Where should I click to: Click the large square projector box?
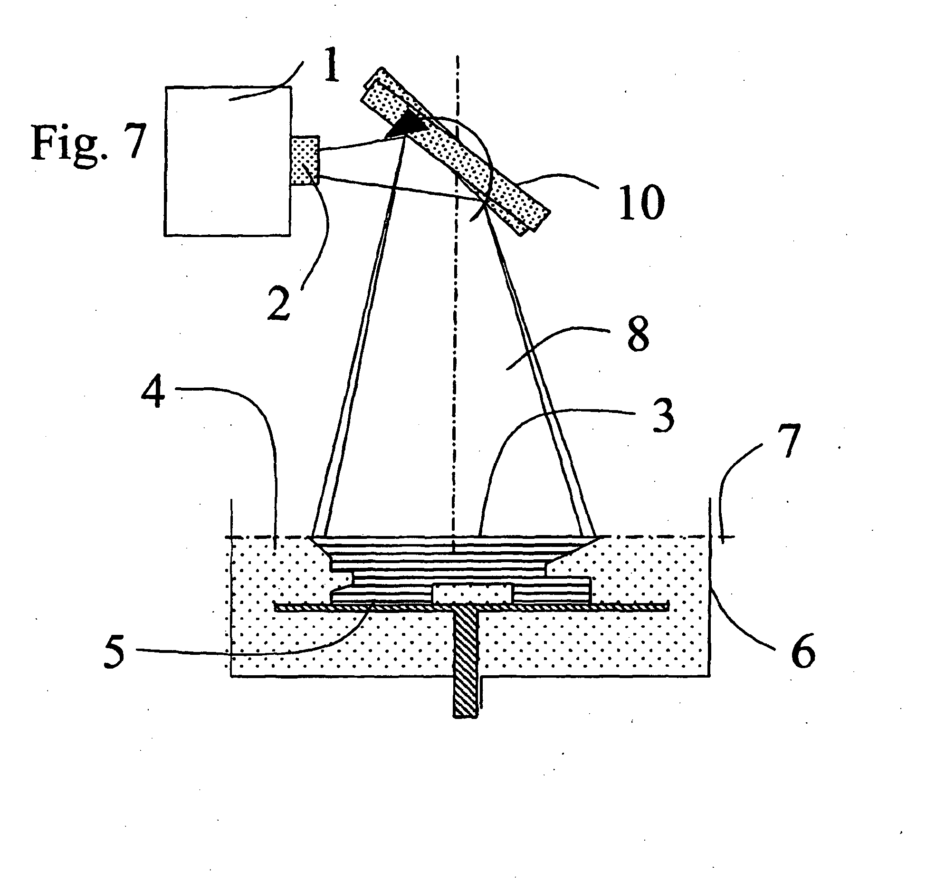(x=228, y=161)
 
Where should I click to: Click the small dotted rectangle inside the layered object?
(x=472, y=594)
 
